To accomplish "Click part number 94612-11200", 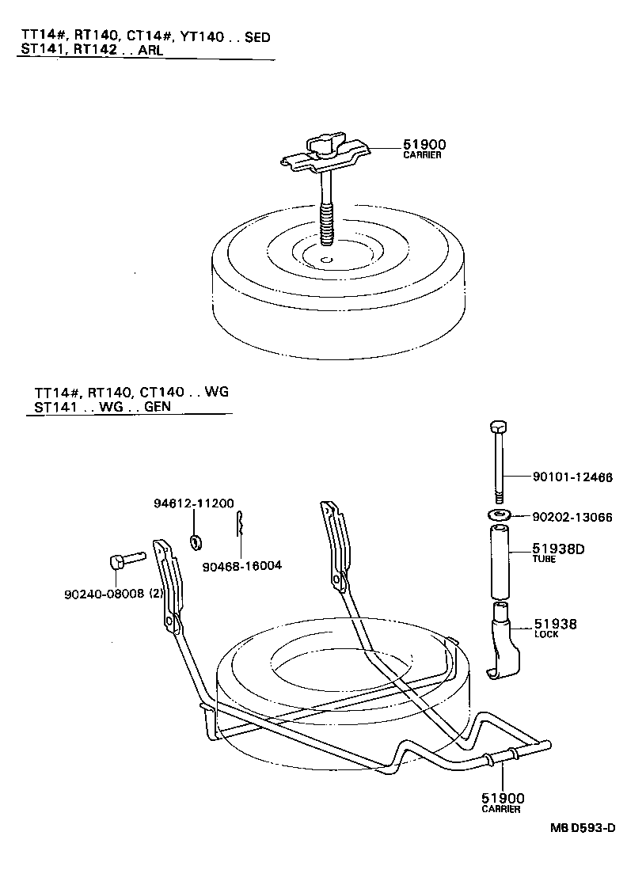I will point(193,503).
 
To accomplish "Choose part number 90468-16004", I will point(241,565).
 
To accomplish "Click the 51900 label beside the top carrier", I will point(424,144).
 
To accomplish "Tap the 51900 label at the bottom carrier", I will point(503,798).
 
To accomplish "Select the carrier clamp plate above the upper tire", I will point(326,154).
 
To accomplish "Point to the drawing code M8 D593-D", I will point(583,829).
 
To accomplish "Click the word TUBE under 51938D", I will point(543,559).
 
